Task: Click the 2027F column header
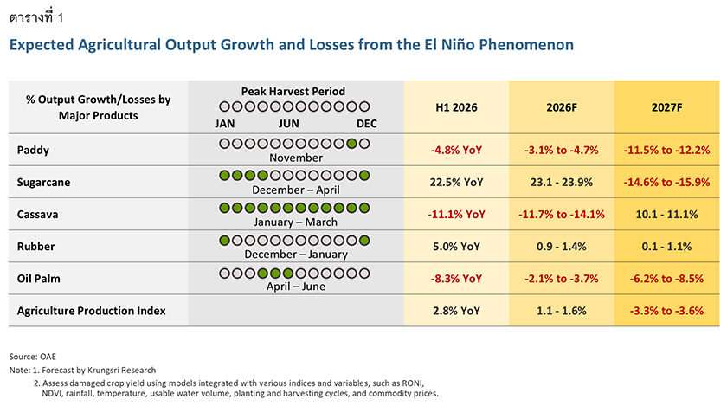point(666,107)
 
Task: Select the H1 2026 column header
point(456,107)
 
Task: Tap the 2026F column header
point(562,107)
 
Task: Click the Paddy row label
point(33,151)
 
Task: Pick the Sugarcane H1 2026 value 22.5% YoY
point(456,183)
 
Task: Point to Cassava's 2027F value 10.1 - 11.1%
point(666,215)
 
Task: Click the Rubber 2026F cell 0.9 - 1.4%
point(562,247)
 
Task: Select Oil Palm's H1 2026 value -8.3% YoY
point(456,279)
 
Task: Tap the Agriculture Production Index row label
point(92,311)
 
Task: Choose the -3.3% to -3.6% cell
point(666,311)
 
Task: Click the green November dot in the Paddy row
point(352,144)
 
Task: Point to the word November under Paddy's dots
point(296,158)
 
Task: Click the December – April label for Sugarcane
point(296,190)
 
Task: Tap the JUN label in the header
point(288,124)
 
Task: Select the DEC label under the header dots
point(366,124)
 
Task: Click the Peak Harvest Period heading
point(293,92)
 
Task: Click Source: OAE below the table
point(33,357)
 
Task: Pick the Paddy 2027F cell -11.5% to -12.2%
point(666,151)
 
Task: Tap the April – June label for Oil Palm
point(296,287)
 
